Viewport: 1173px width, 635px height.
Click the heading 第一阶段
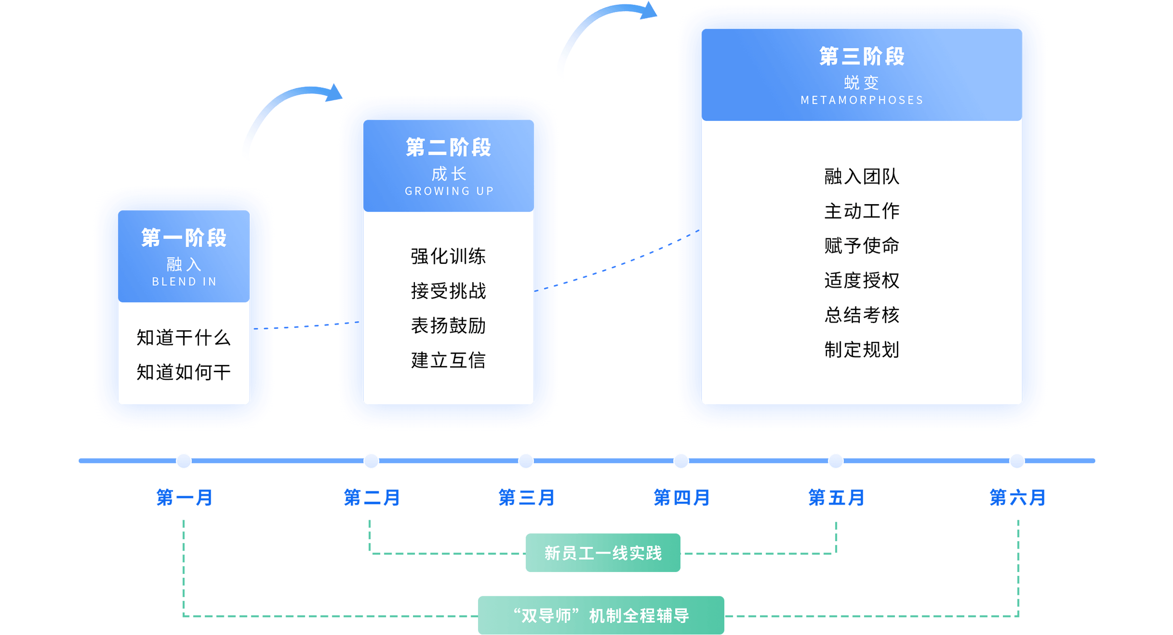tap(184, 238)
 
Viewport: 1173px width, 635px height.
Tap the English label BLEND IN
tap(184, 282)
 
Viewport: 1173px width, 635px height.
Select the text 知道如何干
tap(183, 372)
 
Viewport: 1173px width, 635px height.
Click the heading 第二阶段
tap(448, 147)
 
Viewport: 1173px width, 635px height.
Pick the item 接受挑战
tap(448, 291)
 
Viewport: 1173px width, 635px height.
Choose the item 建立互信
tap(448, 360)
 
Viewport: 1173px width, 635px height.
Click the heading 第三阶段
tap(862, 56)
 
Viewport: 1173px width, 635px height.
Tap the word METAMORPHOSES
tap(862, 100)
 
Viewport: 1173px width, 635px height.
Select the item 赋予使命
tap(862, 246)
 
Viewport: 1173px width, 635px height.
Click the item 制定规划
tap(862, 350)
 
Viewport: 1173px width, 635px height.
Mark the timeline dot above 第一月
tap(184, 461)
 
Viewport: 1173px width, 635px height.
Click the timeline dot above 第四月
tap(681, 461)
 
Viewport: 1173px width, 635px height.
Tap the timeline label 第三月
tap(526, 498)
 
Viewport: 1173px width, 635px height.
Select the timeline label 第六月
tap(1017, 498)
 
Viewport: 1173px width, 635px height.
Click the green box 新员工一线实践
tap(603, 553)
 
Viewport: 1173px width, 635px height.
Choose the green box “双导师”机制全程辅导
tap(601, 615)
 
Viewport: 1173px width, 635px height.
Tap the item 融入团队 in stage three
tap(862, 176)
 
